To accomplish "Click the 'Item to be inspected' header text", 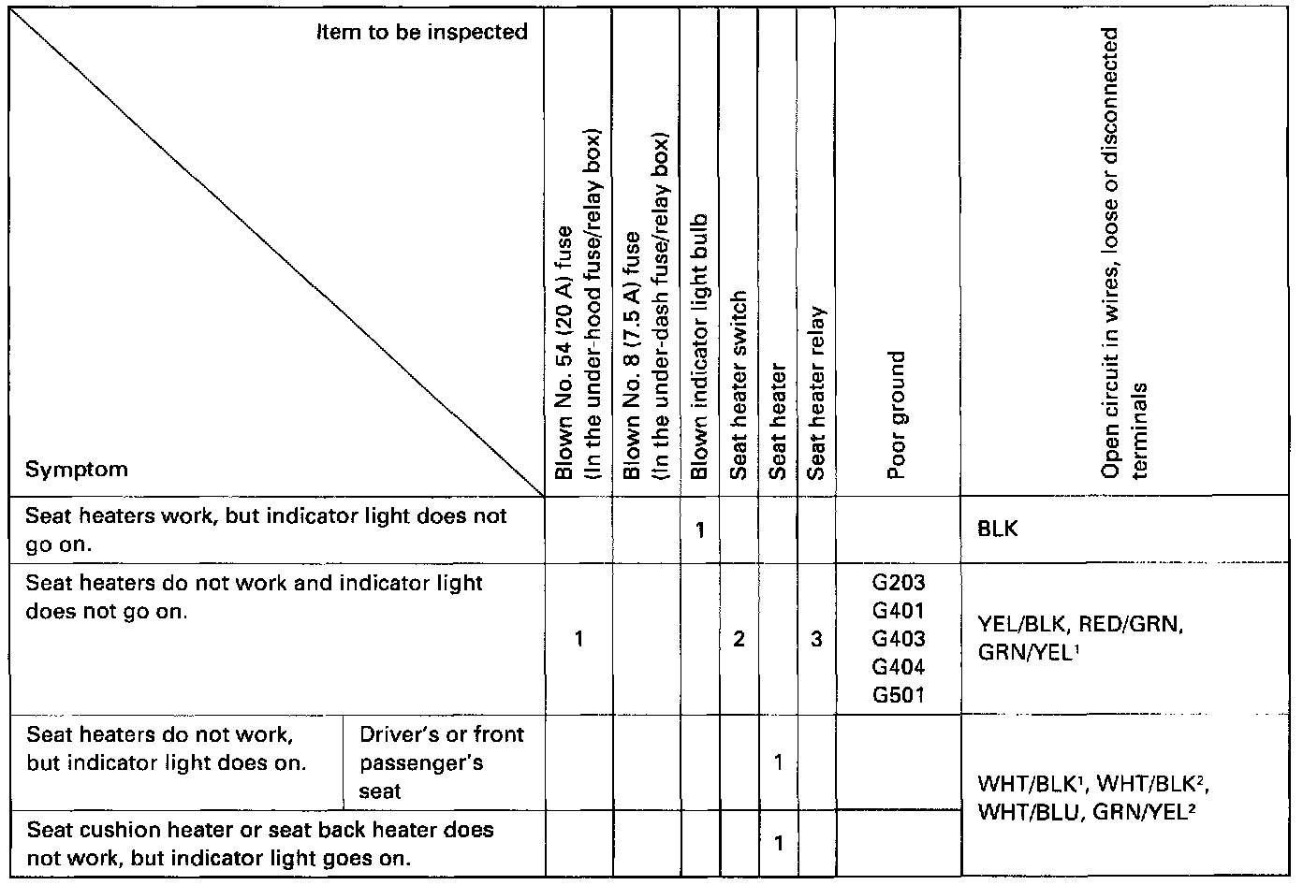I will point(421,33).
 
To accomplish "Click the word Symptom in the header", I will point(77,469).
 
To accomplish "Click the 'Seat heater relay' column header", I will point(816,392).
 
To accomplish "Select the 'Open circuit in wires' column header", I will point(1123,253).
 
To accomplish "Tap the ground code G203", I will point(898,583).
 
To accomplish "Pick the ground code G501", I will point(898,695).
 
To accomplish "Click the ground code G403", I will point(898,639).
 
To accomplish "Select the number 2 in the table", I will point(739,640).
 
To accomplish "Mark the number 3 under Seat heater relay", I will point(816,640).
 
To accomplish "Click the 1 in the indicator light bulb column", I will point(699,530).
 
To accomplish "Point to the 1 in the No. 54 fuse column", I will point(578,640).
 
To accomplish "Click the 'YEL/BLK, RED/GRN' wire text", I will point(1076,625).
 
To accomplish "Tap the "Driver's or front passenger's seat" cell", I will point(441,762).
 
